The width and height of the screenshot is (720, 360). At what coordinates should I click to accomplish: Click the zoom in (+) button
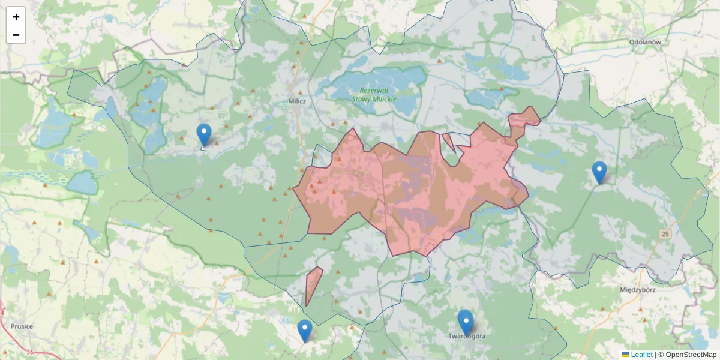click(16, 17)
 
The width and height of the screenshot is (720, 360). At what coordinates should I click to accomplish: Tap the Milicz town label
click(297, 101)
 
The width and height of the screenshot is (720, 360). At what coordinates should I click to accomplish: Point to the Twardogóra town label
click(467, 336)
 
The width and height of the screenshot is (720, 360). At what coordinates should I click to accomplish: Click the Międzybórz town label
click(637, 289)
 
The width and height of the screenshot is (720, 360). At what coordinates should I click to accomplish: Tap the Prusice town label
click(22, 326)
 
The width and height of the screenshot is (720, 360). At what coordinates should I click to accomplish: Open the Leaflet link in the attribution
click(641, 355)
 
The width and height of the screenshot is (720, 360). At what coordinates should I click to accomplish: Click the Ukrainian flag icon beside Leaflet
click(626, 355)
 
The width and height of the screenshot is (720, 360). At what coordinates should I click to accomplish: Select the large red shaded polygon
click(414, 192)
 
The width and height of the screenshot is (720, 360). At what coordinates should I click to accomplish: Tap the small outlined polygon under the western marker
click(203, 147)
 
